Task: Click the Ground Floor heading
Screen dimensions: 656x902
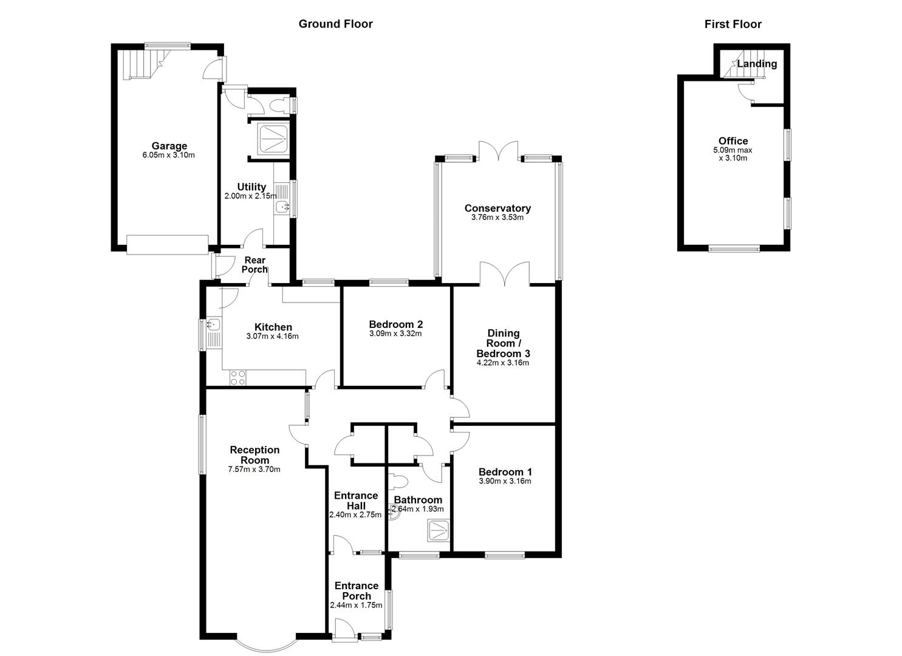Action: coord(335,24)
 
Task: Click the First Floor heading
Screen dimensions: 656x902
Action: coord(733,24)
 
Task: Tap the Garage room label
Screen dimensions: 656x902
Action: coord(169,146)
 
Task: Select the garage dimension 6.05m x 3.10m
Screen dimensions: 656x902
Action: coord(169,155)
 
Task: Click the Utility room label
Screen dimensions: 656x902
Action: coord(251,186)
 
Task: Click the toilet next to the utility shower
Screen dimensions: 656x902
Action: coord(281,106)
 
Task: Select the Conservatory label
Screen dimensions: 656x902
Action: coord(497,208)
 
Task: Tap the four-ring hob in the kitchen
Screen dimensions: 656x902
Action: coord(237,378)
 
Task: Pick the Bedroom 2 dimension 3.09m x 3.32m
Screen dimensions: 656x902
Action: coord(395,333)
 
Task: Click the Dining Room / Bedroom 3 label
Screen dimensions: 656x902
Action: coord(503,343)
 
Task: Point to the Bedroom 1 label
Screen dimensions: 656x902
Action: coord(505,472)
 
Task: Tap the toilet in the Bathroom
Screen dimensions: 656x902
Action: coord(397,482)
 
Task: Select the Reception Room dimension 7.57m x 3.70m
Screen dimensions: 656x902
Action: coord(254,469)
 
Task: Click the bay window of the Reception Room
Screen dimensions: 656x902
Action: coord(265,645)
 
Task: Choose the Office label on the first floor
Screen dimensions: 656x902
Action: coord(733,141)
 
